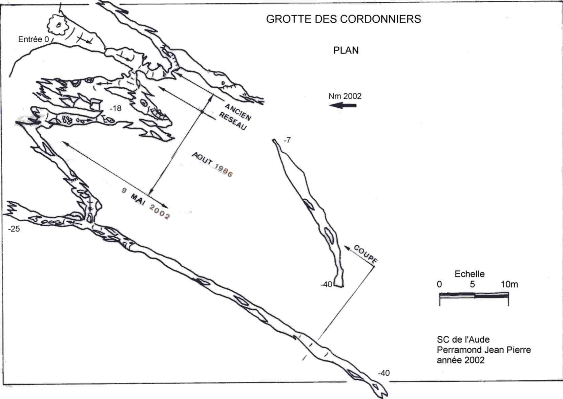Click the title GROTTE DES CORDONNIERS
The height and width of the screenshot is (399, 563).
[x=343, y=19]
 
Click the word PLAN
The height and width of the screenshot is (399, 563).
[x=346, y=50]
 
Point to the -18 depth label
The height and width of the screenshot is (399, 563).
[x=116, y=108]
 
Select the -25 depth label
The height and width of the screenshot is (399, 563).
[x=14, y=229]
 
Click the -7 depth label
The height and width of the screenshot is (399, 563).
[x=287, y=140]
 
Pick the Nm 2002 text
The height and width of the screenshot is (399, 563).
[x=345, y=96]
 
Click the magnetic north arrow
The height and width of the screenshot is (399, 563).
[x=343, y=106]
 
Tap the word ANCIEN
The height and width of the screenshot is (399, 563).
[x=238, y=112]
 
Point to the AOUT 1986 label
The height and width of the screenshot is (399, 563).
[x=212, y=164]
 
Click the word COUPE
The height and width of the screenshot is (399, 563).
[x=365, y=254]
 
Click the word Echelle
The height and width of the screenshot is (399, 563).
[x=470, y=274]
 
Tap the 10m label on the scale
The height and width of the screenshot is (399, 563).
[x=509, y=284]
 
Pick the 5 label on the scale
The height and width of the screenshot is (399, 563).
[x=473, y=284]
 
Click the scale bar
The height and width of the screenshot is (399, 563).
[x=474, y=295]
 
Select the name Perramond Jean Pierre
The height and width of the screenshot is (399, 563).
[x=484, y=350]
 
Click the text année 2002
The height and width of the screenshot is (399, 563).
[x=460, y=360]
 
